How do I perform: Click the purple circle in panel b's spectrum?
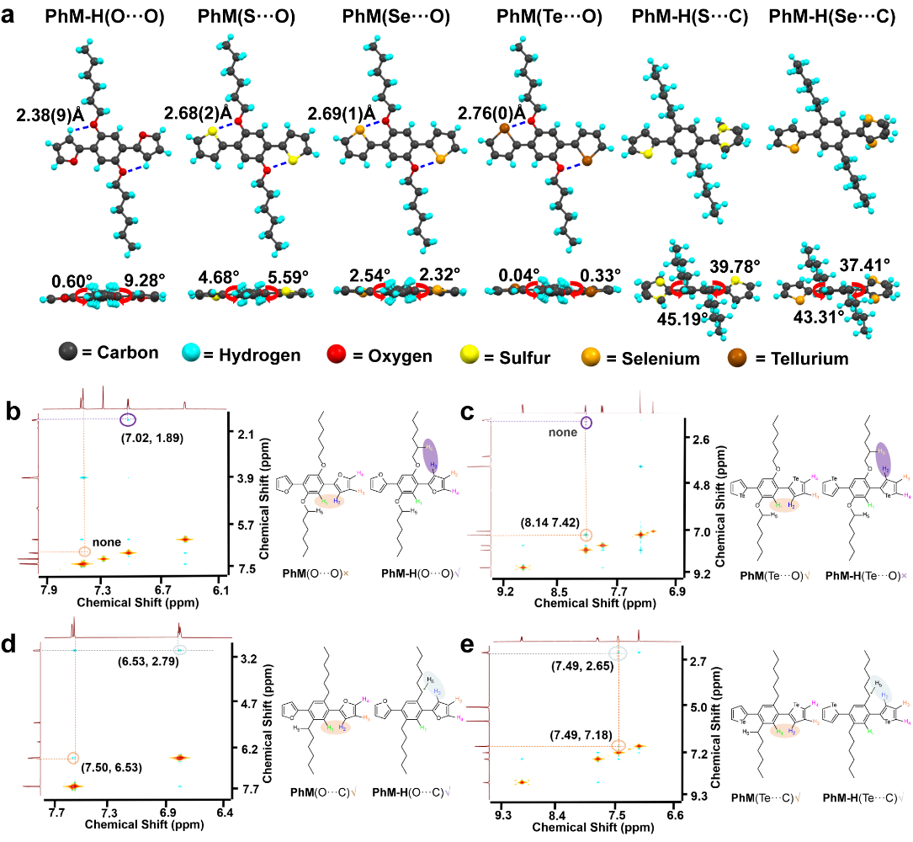tap(128, 419)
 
